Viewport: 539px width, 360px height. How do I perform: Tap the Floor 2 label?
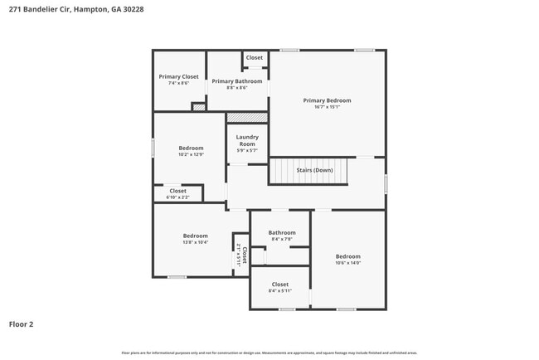21,324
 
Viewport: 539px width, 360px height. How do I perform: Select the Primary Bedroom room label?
327,100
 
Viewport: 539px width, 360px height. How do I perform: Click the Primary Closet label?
178,76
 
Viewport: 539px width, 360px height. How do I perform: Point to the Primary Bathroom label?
236,81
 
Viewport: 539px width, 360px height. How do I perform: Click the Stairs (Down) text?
314,170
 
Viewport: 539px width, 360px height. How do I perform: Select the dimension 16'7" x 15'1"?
327,107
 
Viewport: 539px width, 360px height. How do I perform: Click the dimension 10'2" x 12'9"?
191,154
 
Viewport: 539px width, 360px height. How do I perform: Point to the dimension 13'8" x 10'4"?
195,242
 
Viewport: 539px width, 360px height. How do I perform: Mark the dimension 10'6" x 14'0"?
347,263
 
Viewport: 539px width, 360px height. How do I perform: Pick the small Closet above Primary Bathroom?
254,58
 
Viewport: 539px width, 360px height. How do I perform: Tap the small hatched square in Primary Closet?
198,106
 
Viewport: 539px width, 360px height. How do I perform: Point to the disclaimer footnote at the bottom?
269,353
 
